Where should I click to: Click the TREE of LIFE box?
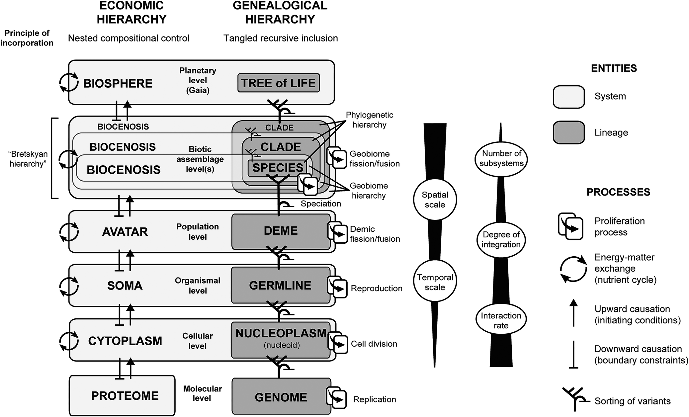(279, 83)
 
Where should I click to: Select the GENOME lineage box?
(281, 397)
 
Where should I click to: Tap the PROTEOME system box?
(122, 395)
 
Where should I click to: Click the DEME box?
(281, 231)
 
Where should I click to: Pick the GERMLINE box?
(280, 286)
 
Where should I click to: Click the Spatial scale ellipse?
(435, 200)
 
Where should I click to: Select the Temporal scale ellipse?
(435, 282)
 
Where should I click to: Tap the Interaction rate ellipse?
(501, 320)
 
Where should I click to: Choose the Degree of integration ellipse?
(501, 239)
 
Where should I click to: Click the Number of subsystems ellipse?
(501, 158)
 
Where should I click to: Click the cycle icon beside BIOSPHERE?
(68, 82)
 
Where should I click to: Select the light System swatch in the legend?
(568, 97)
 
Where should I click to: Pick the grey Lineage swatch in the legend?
(568, 132)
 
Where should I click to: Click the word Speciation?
(320, 204)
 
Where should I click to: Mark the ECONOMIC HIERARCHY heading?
(131, 13)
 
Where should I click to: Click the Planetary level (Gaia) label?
(198, 80)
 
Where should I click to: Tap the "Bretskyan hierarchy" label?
(28, 159)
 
